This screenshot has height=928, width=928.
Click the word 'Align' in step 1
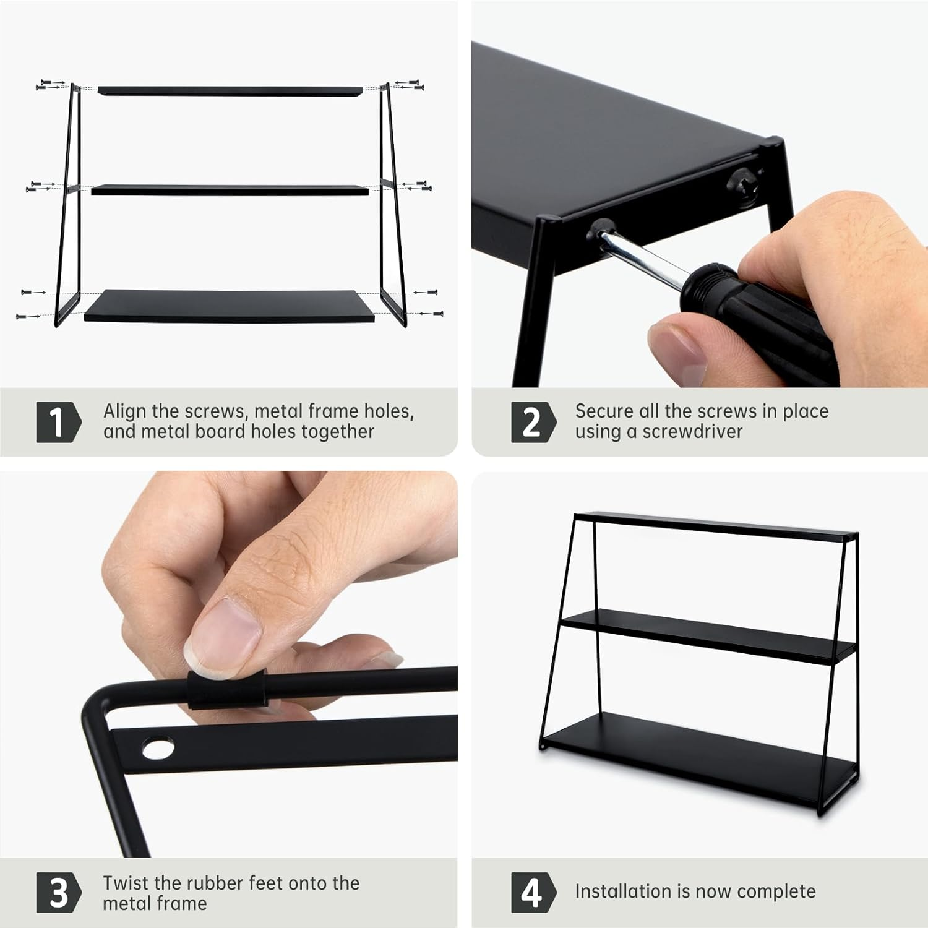coord(126,412)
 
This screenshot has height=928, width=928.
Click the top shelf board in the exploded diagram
coord(230,91)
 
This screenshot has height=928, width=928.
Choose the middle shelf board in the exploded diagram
coord(230,190)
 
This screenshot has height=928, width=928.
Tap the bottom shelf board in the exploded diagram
coord(230,306)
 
